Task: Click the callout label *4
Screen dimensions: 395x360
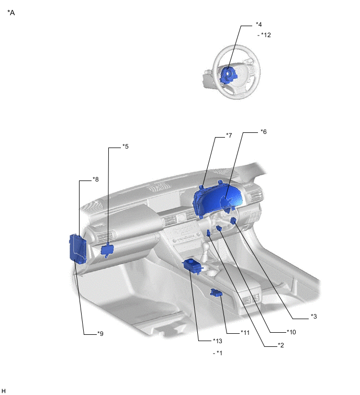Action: tap(258, 24)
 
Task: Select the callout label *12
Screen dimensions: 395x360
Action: tap(266, 35)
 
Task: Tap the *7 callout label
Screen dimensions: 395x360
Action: tap(229, 136)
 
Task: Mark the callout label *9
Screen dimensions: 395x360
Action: tap(100, 333)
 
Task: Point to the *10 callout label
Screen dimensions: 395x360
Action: tap(291, 332)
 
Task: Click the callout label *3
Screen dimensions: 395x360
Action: tap(313, 317)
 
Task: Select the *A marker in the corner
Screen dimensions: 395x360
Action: tap(11, 13)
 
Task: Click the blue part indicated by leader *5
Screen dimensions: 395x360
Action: tap(108, 250)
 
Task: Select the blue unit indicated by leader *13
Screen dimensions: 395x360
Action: tap(192, 266)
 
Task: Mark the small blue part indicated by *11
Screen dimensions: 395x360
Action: tap(217, 294)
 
